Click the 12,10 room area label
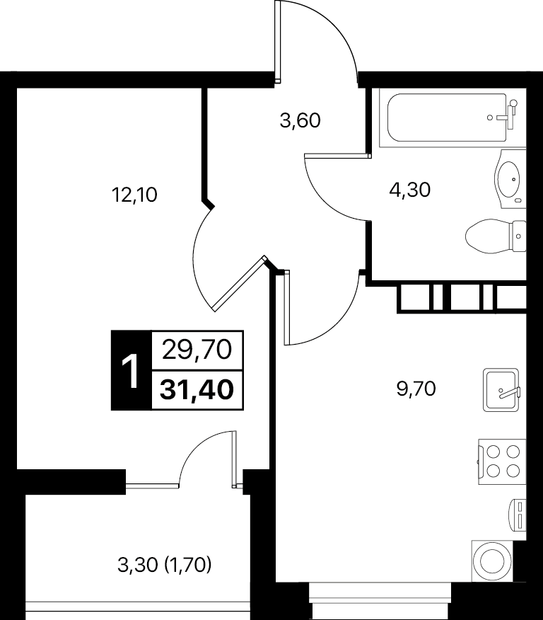tap(134, 195)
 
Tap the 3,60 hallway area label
tap(300, 120)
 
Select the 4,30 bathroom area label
tap(409, 190)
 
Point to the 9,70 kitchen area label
tap(416, 389)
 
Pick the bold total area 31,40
tap(197, 389)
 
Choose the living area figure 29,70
tap(197, 350)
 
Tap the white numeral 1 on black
tap(131, 371)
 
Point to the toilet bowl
tap(496, 236)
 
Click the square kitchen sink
tap(501, 390)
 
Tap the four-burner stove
tap(502, 461)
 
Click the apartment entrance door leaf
tap(278, 41)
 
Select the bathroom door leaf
tap(338, 156)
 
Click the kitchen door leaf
tap(287, 307)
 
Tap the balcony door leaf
tap(235, 459)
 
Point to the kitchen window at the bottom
tap(380, 601)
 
